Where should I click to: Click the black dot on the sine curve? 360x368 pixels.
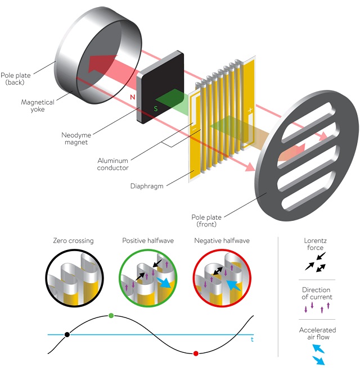(x=67, y=334)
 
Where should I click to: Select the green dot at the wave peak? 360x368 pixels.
(x=111, y=316)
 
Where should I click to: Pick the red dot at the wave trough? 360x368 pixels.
(x=196, y=353)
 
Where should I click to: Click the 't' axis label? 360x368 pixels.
(x=252, y=339)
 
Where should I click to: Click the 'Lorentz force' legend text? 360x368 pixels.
(x=317, y=243)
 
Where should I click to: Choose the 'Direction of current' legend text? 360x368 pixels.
(x=317, y=292)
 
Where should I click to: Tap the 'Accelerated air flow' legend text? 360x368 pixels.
(x=317, y=334)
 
